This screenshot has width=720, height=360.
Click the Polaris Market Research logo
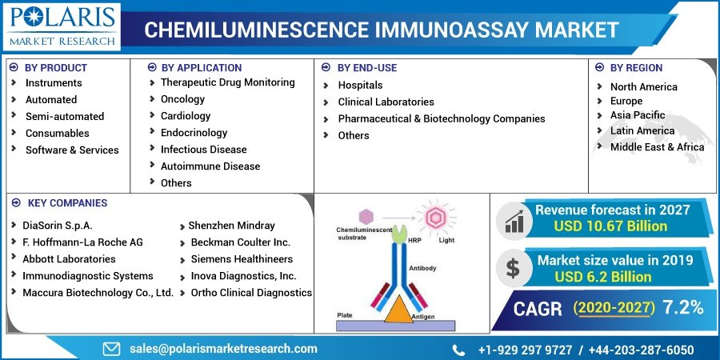[x=62, y=26]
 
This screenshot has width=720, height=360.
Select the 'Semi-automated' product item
[x=65, y=117]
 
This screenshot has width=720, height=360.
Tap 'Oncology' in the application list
[x=182, y=99]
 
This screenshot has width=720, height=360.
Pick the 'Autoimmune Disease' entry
[x=210, y=166]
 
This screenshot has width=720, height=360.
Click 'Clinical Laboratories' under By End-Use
[x=386, y=102]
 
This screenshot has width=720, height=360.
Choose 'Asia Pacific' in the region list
[x=638, y=115]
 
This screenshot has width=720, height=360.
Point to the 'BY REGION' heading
[x=636, y=68]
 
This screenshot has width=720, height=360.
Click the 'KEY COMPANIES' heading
[x=67, y=203]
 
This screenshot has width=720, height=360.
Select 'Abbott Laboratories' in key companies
[x=69, y=259]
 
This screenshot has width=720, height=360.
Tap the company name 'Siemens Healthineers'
[x=242, y=259]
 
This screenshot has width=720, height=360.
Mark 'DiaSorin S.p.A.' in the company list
[x=58, y=226]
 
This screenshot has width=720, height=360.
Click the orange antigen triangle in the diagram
[x=398, y=310]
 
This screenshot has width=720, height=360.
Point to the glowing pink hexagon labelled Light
[x=434, y=218]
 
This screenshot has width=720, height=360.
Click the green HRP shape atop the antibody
[x=398, y=234]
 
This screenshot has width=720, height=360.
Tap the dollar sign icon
[x=513, y=268]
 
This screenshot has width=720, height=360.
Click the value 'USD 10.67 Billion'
[x=610, y=226]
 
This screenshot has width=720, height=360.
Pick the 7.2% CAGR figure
[x=683, y=308]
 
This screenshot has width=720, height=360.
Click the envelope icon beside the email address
[x=111, y=349]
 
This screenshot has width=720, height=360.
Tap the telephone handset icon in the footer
[x=458, y=350]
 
